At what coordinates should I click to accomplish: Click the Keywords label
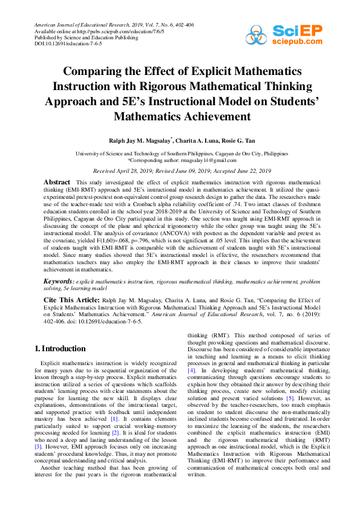click(59, 282)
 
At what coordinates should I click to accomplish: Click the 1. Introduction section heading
click(60, 349)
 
